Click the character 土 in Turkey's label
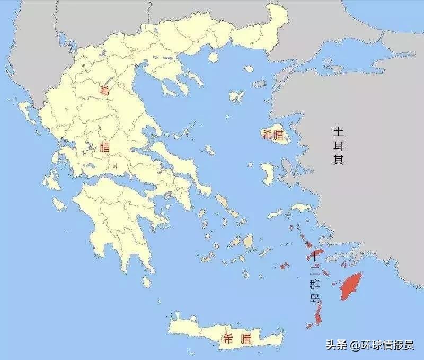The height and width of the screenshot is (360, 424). (339, 131)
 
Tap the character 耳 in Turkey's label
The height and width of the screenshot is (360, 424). (339, 145)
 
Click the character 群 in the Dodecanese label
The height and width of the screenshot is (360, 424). (315, 285)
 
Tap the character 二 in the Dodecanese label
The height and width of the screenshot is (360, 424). (315, 270)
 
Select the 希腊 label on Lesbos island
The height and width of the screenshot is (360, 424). (272, 136)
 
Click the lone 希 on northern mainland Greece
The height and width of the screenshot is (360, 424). (104, 91)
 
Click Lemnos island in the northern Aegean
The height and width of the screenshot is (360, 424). (236, 96)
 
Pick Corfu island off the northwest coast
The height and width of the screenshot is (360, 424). (26, 111)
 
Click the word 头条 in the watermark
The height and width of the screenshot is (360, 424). (334, 345)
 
